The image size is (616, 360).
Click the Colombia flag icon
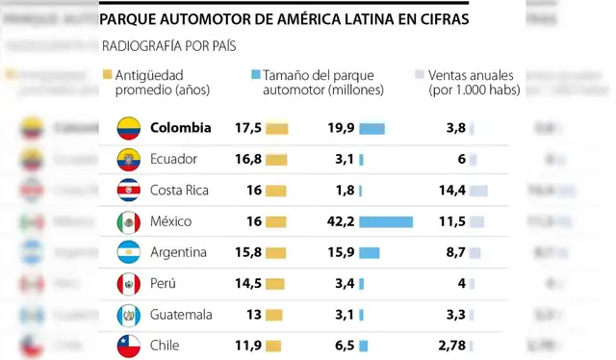[129, 128]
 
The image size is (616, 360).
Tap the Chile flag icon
[129, 346]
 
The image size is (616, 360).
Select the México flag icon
[129, 222]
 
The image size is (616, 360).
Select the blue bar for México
[386, 222]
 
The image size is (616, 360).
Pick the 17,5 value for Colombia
[248, 128]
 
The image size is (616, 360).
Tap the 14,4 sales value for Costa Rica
[451, 191]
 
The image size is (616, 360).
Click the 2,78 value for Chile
[451, 346]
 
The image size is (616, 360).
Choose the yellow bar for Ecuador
[277, 160]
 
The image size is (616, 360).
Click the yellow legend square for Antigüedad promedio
[107, 74]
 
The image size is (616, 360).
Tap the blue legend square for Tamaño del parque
[254, 74]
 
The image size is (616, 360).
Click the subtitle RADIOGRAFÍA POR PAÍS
[168, 45]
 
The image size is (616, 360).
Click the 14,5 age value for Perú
[248, 284]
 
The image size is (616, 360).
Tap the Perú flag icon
[129, 284]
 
